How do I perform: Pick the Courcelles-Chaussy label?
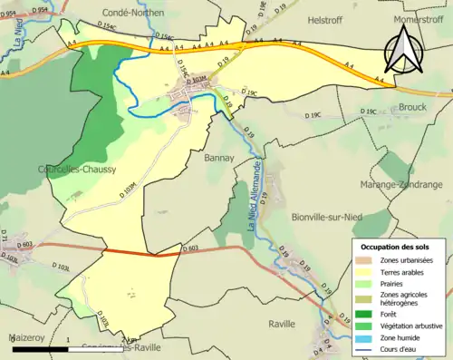[x=63, y=169]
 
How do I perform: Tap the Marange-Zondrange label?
[x=401, y=184]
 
